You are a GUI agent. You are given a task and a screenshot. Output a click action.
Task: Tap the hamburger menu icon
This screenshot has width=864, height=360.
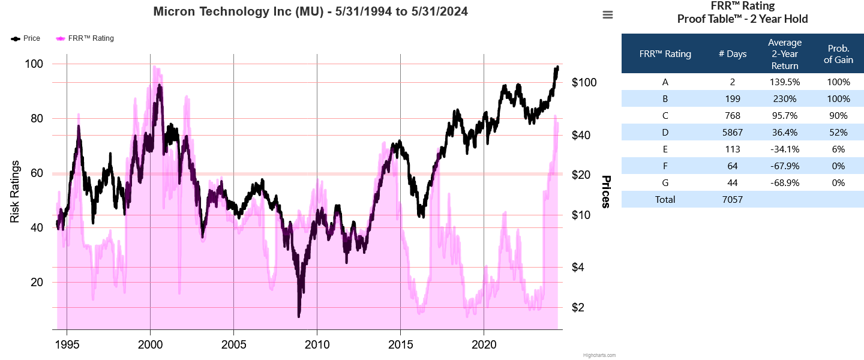pyautogui.click(x=608, y=15)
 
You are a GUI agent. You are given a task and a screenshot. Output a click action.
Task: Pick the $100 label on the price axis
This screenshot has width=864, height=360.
pyautogui.click(x=584, y=82)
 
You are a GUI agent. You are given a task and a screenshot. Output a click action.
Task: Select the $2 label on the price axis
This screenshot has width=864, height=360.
pyautogui.click(x=578, y=307)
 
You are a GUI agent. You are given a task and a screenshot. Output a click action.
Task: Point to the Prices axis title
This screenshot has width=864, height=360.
pyautogui.click(x=606, y=192)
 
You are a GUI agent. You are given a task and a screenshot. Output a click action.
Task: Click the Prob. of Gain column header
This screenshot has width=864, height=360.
pyautogui.click(x=838, y=54)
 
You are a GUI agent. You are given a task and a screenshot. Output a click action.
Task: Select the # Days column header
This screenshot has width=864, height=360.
pyautogui.click(x=733, y=54)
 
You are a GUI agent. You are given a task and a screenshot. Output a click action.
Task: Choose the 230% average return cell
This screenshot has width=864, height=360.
pyautogui.click(x=785, y=99)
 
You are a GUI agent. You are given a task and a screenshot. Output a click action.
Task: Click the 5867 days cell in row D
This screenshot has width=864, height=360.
pyautogui.click(x=733, y=133)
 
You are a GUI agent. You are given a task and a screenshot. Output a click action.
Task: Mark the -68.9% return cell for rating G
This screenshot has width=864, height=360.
pyautogui.click(x=785, y=183)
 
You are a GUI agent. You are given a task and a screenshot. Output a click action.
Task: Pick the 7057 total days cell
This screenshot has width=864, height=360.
pyautogui.click(x=733, y=200)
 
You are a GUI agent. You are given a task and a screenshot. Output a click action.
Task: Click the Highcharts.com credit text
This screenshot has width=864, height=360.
pyautogui.click(x=599, y=355)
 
